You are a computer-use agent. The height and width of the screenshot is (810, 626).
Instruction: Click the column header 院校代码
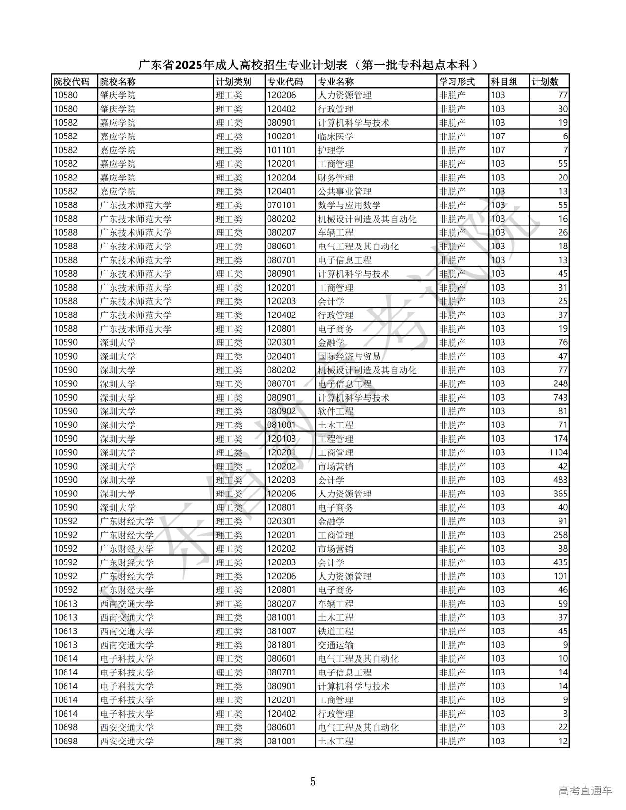click(x=71, y=82)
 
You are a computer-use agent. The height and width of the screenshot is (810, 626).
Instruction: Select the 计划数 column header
click(x=544, y=82)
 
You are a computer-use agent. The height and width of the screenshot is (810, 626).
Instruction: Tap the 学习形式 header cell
click(x=457, y=82)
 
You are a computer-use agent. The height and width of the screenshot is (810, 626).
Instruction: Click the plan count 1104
click(x=558, y=452)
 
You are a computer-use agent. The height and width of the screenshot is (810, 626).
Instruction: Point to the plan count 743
click(x=560, y=398)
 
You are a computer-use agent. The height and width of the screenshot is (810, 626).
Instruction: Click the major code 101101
click(x=281, y=150)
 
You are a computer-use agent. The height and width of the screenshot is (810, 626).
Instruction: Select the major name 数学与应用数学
click(x=349, y=205)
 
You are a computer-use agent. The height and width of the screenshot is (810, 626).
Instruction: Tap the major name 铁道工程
click(x=335, y=631)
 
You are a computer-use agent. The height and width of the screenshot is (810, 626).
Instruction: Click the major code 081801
click(x=281, y=645)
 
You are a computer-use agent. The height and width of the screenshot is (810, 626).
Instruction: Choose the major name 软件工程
click(x=335, y=411)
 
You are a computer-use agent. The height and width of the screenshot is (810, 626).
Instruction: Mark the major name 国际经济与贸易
click(x=349, y=356)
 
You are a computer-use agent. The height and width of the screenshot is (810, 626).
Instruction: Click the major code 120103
click(x=281, y=439)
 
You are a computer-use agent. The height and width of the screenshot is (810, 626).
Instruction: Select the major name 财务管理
click(x=335, y=178)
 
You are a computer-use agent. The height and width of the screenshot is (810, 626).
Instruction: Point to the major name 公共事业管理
click(x=345, y=191)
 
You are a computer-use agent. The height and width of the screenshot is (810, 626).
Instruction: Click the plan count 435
click(x=560, y=562)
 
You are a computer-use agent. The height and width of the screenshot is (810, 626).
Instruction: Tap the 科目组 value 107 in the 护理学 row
click(x=498, y=150)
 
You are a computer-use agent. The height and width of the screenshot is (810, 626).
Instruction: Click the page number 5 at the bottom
click(x=313, y=781)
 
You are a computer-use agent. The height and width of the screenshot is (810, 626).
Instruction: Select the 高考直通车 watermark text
click(x=585, y=790)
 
